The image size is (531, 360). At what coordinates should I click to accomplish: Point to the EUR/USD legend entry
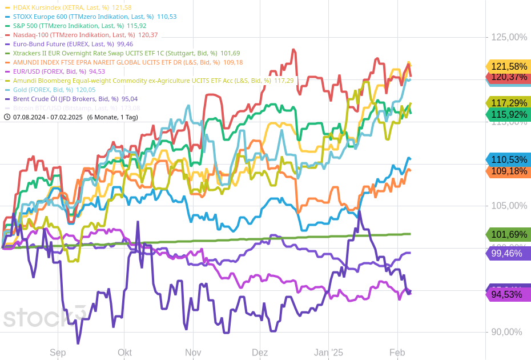click(51, 71)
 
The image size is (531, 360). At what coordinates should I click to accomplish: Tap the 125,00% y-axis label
click(509, 37)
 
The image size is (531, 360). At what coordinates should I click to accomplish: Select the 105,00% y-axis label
click(509, 206)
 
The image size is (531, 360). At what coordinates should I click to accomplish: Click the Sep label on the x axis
click(58, 353)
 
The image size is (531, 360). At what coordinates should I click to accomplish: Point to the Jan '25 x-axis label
click(329, 353)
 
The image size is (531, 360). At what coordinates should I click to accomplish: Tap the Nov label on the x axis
click(193, 353)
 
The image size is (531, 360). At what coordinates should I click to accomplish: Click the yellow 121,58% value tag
click(509, 66)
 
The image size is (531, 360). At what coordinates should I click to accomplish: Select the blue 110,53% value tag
click(509, 159)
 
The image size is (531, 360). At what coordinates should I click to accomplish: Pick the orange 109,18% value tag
click(509, 171)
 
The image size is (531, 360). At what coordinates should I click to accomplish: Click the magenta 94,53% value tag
click(509, 295)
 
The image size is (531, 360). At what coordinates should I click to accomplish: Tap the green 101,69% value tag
click(509, 234)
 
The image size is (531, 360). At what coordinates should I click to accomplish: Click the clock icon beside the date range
click(7, 117)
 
